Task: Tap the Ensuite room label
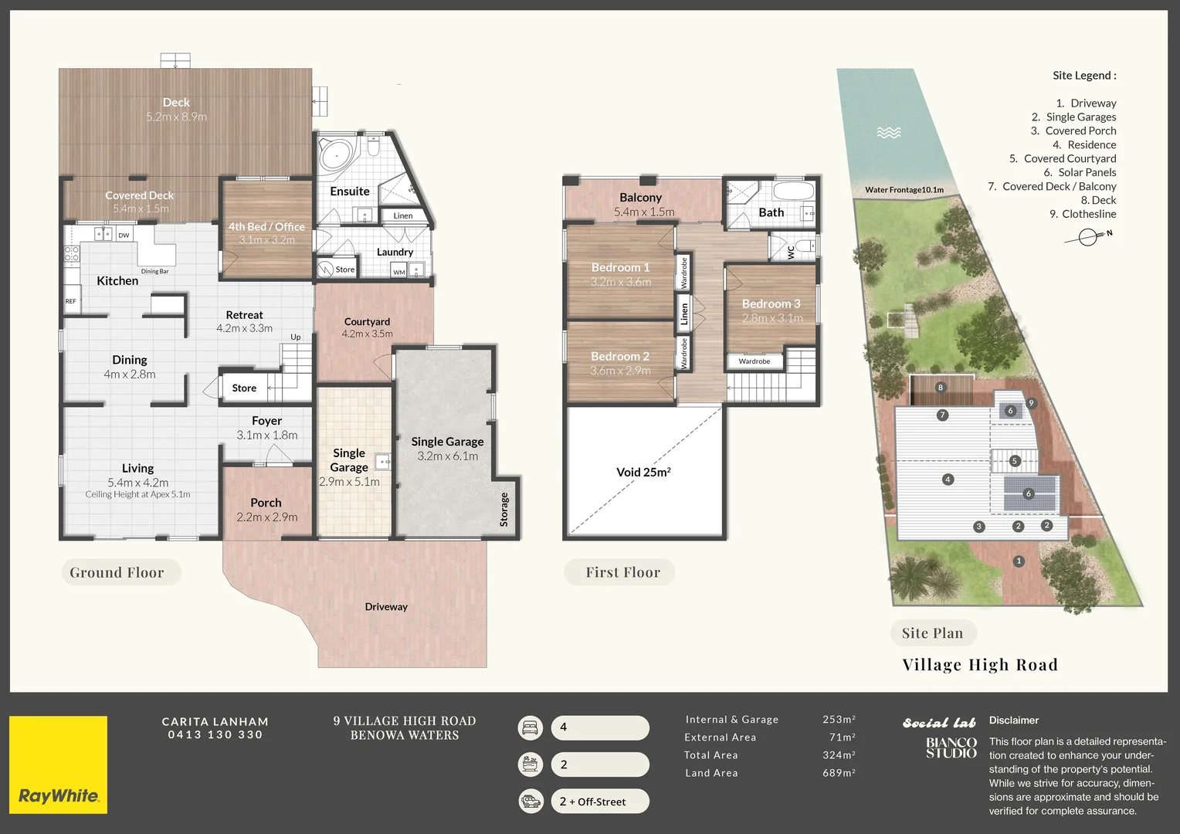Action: [350, 192]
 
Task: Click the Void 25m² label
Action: [643, 472]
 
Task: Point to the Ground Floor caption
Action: [117, 572]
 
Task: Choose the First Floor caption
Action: [623, 572]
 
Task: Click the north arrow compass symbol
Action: [1088, 237]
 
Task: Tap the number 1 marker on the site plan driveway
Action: [1019, 561]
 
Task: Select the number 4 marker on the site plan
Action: [948, 480]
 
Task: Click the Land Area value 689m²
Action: [839, 772]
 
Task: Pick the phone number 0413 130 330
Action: [215, 734]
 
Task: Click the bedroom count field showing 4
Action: [600, 727]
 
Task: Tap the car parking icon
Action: [531, 801]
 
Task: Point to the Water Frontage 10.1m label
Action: [904, 190]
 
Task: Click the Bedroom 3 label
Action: [771, 303]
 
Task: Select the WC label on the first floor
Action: [790, 252]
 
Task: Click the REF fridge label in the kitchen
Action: [70, 301]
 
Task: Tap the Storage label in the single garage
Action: [504, 510]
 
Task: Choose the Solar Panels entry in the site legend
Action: [1080, 172]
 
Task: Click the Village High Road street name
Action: [980, 665]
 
